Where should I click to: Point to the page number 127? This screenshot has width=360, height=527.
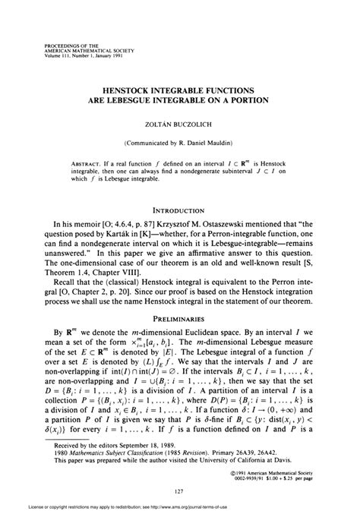(x=179, y=491)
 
